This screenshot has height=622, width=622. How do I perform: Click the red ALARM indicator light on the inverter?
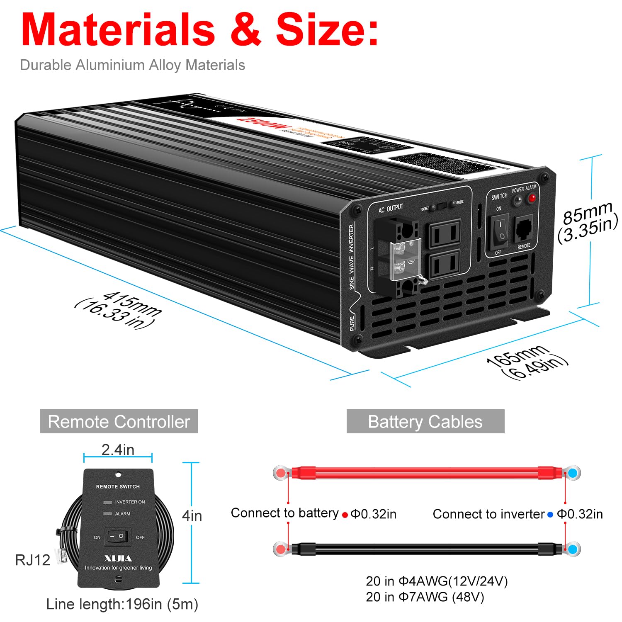click(531, 198)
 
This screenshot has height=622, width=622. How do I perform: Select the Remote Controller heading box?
click(119, 421)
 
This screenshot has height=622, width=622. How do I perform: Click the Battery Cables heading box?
click(425, 421)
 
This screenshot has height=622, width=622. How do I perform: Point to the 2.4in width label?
click(118, 449)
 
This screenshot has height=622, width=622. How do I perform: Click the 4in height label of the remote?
click(192, 516)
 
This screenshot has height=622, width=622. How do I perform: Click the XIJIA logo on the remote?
click(118, 558)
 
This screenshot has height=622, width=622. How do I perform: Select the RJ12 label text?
click(32, 560)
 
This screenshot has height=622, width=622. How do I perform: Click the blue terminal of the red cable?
click(573, 473)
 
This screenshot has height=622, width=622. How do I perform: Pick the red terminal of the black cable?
click(281, 549)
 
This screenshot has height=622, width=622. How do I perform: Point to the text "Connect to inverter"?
click(488, 514)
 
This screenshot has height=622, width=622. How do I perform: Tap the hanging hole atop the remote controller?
click(118, 474)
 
